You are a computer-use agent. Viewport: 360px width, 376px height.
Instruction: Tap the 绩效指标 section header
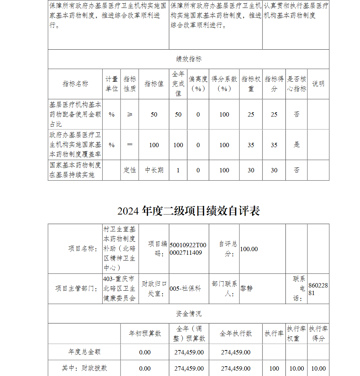coord(189,59)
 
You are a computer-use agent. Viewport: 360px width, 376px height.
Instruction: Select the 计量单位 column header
coord(112,84)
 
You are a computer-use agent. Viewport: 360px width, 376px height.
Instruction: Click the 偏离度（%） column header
coord(198,84)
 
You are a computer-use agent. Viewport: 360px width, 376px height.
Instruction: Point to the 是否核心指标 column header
coord(297,84)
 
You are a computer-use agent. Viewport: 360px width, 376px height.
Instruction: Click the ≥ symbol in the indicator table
coord(130,114)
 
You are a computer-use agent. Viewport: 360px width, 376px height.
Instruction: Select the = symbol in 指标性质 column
coord(130,145)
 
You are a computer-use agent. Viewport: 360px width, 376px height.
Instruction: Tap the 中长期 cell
coord(154,170)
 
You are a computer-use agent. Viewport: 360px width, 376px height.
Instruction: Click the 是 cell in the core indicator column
coord(297,145)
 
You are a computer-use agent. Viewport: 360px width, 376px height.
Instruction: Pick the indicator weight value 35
coord(251,145)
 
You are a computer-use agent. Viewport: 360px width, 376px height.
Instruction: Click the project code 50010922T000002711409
coord(188,249)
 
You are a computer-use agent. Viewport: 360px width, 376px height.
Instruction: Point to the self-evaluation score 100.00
coord(249,249)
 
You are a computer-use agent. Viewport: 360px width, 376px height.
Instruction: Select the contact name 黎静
coord(247,289)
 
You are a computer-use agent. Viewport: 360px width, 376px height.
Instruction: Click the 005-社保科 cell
coord(185,289)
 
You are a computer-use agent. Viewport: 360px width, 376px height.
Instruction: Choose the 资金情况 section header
coord(189,314)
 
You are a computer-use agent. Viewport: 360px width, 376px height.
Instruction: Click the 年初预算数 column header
coord(145,334)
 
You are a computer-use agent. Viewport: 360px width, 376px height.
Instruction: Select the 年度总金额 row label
coord(84,352)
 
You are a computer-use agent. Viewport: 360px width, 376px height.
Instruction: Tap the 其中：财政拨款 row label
coord(84,368)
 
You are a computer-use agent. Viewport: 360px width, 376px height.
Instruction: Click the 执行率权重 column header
coord(297,334)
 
